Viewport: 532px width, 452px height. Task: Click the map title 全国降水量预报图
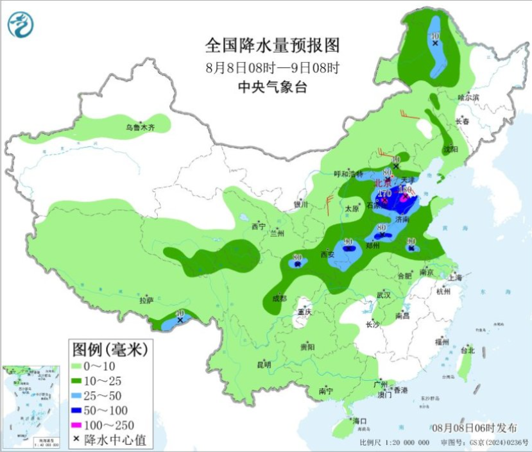[271, 46]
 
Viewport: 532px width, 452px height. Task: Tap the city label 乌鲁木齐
[140, 128]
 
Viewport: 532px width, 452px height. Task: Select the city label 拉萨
[146, 299]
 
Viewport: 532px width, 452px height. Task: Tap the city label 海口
[360, 421]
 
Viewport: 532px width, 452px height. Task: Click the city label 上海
[455, 278]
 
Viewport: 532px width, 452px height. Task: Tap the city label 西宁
[258, 226]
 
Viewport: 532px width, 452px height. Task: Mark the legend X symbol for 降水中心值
[76, 439]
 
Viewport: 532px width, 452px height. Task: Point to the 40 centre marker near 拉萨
[180, 318]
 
